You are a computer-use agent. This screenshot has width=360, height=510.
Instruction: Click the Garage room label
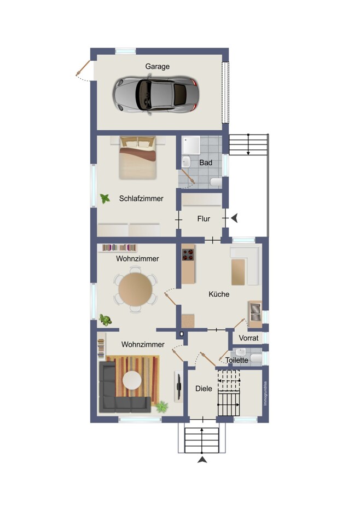coord(158,67)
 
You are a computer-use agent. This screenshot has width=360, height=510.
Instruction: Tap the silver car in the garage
coord(156,95)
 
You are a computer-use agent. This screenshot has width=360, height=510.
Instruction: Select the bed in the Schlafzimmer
coord(138,158)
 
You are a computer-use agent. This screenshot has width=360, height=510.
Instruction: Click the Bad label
coord(206,163)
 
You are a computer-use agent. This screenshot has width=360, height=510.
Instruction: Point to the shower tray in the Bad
coord(191,145)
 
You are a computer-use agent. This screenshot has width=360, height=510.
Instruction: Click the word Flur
coord(204,219)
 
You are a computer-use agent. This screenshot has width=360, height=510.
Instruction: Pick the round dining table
coord(135,289)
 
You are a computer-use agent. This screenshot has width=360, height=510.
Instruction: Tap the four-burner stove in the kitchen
coord(188,254)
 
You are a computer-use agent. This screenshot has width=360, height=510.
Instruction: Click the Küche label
coord(219,294)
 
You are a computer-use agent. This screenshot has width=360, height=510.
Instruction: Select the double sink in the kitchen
coord(256,311)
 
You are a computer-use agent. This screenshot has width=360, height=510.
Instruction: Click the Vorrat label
coord(248,338)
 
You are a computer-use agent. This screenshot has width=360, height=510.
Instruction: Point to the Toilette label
coord(237,361)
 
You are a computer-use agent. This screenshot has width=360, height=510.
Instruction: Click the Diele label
coord(204,389)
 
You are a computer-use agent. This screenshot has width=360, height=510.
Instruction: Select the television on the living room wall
coord(178,386)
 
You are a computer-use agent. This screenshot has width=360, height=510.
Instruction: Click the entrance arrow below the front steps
coord(202,460)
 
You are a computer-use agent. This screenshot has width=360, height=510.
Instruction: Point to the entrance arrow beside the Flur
coord(235,218)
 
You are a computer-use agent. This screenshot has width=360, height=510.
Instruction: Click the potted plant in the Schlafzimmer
coord(104,199)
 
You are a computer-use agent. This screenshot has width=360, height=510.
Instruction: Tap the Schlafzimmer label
coord(141,199)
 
